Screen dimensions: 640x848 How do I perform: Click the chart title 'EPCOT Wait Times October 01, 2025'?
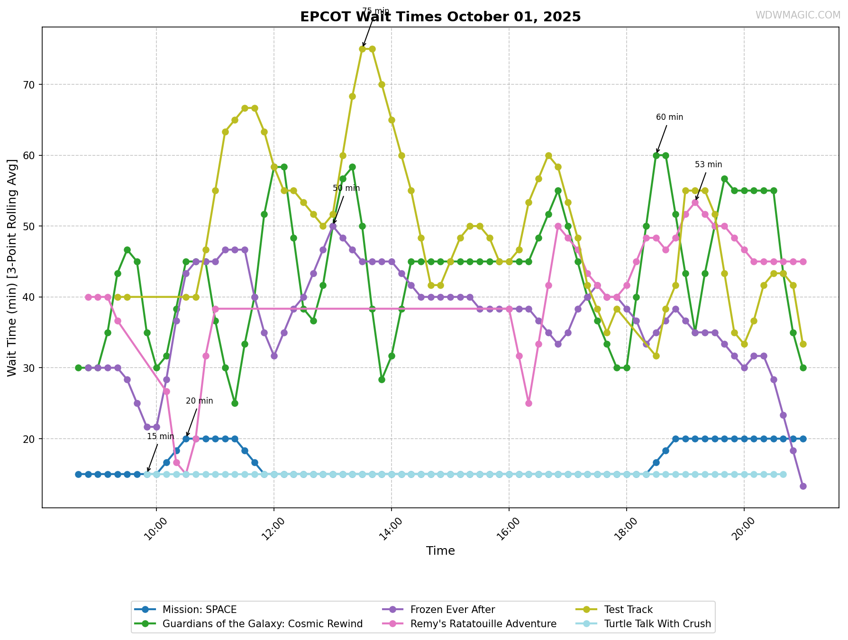(440, 17)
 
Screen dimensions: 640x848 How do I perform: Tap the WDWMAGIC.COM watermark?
(798, 15)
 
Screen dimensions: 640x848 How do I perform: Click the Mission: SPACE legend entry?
(199, 610)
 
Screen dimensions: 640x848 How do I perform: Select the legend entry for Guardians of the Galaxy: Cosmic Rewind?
(262, 624)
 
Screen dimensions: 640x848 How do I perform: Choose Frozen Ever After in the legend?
(452, 610)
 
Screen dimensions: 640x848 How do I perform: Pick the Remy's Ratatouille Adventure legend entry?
(483, 624)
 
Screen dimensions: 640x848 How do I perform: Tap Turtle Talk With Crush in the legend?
(657, 624)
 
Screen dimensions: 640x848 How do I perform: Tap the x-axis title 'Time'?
(440, 551)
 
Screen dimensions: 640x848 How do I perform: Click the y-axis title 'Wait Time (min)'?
(12, 268)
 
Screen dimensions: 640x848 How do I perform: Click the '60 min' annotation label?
(669, 117)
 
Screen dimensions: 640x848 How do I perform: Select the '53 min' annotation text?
(708, 165)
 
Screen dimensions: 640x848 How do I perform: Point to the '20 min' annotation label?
(199, 401)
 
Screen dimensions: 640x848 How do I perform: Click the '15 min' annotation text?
(160, 437)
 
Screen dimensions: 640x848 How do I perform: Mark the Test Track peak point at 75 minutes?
(363, 49)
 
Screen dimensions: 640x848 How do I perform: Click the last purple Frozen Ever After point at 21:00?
(803, 486)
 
